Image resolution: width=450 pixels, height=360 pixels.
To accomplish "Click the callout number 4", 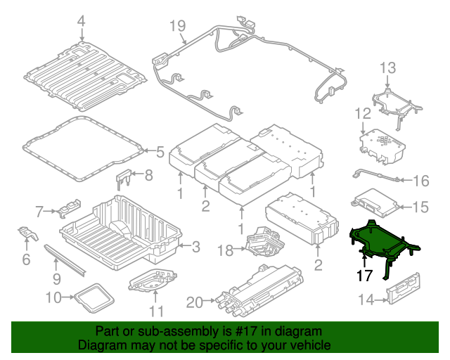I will click(81, 22).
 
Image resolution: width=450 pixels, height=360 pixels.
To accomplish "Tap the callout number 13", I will click(389, 67).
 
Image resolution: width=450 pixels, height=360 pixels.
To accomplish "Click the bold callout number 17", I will click(364, 276).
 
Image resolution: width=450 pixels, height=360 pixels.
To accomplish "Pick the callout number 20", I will click(195, 302).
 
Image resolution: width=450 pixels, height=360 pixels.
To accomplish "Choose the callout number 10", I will click(54, 297).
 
